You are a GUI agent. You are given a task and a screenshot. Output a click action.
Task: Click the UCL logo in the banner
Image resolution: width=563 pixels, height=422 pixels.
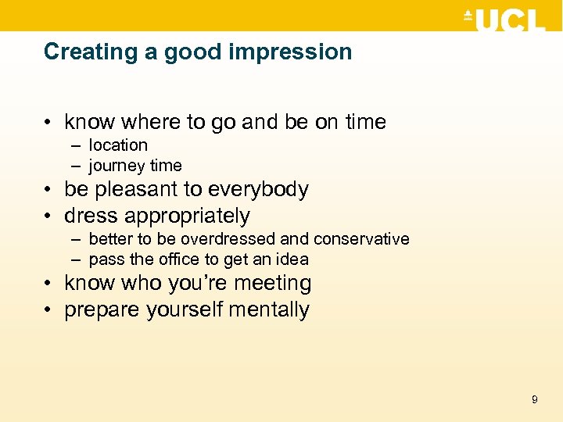tap(504, 19)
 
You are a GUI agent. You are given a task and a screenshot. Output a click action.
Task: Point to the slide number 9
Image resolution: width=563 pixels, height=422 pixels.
tap(534, 399)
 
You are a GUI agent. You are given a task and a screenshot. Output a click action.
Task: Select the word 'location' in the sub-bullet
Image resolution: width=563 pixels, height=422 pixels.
tap(118, 145)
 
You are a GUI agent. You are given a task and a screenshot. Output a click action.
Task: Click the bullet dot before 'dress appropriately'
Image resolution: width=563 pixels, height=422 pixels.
tap(50, 216)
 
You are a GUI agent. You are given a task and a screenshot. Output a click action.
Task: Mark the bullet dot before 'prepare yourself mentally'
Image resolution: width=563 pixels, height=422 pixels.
tap(50, 310)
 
